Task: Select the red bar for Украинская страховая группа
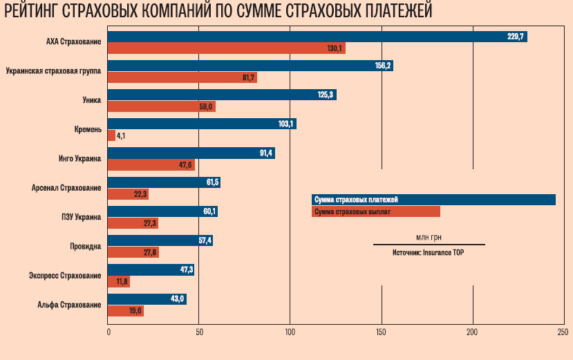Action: tap(182, 77)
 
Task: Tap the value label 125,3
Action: tap(326, 95)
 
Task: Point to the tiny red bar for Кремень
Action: tap(111, 135)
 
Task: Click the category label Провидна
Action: tap(86, 246)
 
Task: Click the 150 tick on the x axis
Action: tap(382, 332)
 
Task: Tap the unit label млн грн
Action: tap(429, 236)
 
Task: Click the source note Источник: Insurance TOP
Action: tap(429, 253)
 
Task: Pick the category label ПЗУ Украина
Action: tap(81, 217)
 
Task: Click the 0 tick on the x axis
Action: tap(109, 332)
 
